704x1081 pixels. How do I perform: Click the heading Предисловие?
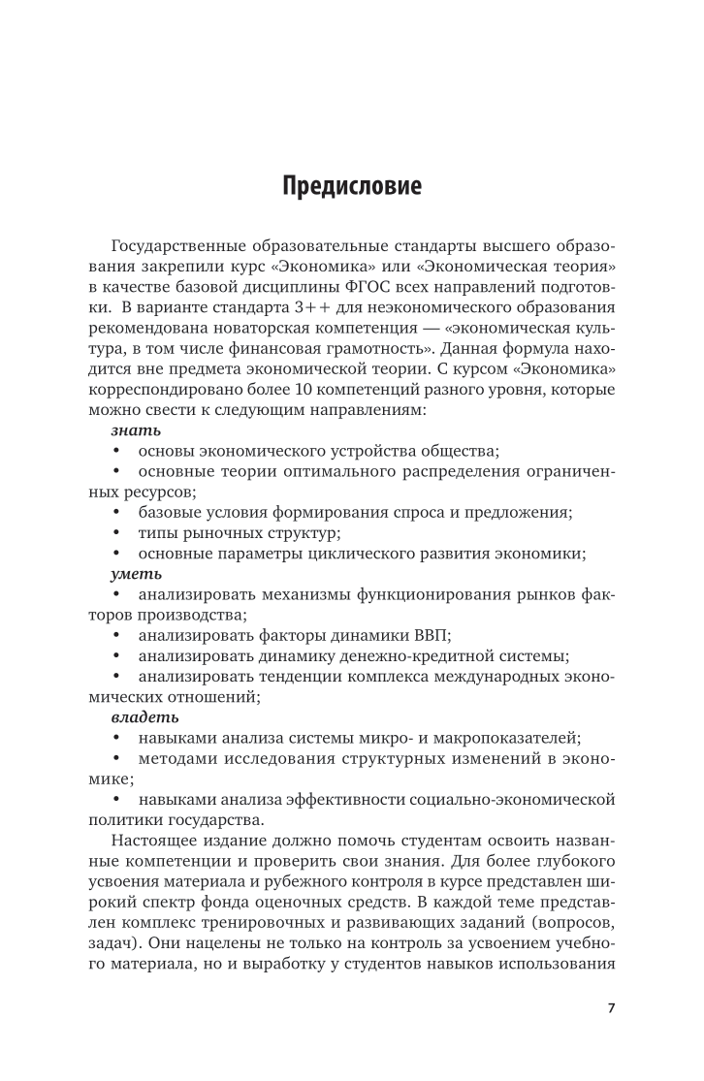[352, 185]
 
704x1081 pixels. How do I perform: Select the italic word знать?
[129, 430]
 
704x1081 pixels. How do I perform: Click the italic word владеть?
[137, 717]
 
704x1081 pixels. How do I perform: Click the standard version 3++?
[337, 337]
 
